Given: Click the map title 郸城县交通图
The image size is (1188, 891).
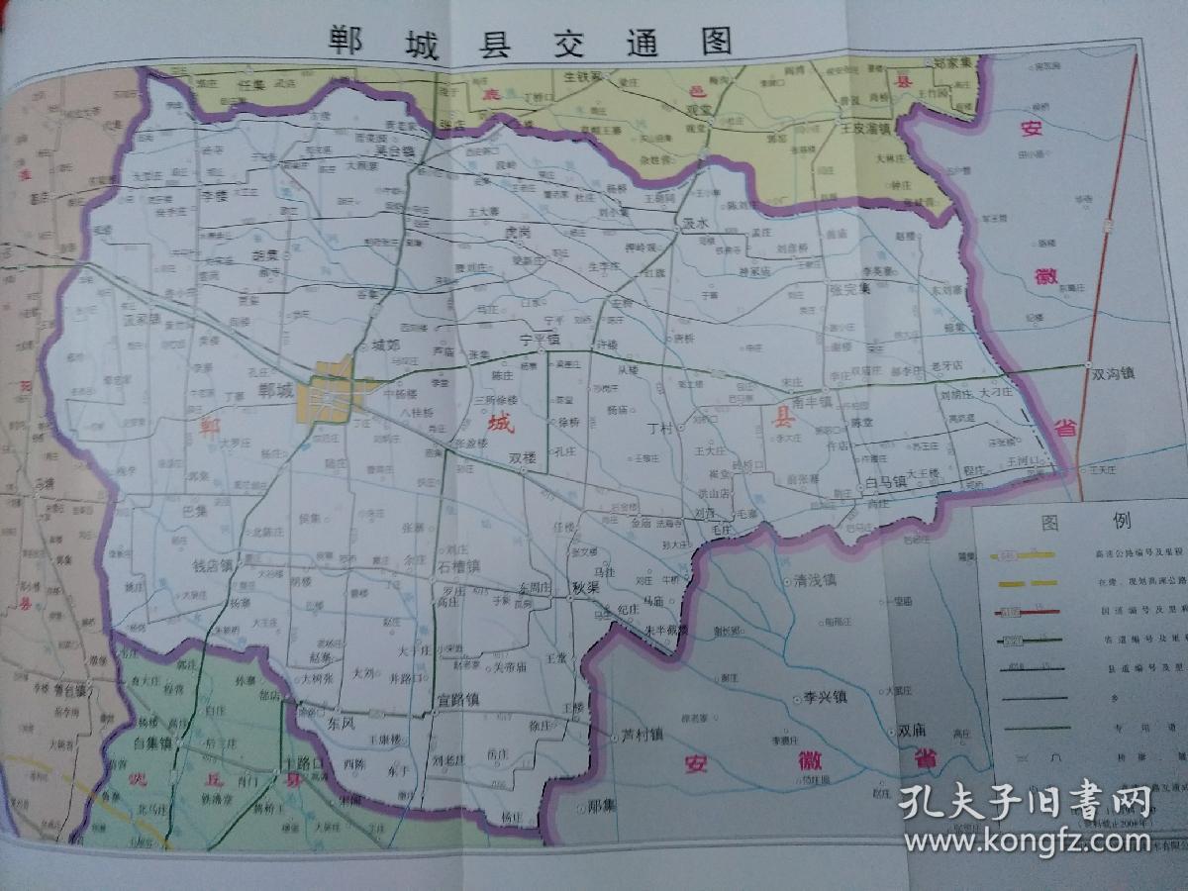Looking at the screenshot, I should [532, 43].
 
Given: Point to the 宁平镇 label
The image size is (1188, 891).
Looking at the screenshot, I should [541, 338].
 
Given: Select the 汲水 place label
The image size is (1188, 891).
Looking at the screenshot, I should [696, 224].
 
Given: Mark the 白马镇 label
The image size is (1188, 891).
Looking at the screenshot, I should [884, 482].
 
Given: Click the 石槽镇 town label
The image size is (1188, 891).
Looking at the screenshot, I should [457, 567].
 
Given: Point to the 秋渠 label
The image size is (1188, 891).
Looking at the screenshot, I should [586, 587].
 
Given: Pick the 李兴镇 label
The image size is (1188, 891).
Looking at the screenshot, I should [825, 697].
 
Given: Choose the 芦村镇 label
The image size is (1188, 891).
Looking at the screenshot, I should [642, 737].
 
